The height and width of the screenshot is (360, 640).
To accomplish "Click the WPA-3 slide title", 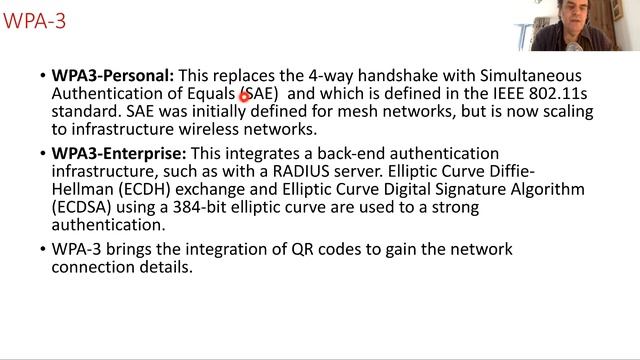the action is pyautogui.click(x=34, y=21).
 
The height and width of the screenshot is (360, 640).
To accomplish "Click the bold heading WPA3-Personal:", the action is pyautogui.click(x=113, y=76).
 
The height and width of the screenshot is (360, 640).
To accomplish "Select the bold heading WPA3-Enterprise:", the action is pyautogui.click(x=119, y=154).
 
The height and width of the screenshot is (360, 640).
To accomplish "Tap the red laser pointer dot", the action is pyautogui.click(x=244, y=97).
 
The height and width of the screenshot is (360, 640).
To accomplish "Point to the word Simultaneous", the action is pyautogui.click(x=531, y=76).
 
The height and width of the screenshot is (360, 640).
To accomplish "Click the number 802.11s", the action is pyautogui.click(x=558, y=93).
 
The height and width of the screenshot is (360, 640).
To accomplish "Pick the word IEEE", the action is pyautogui.click(x=509, y=93).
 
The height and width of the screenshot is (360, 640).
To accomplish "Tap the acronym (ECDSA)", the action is pyautogui.click(x=82, y=207).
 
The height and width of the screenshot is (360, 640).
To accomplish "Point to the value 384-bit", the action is pyautogui.click(x=200, y=207).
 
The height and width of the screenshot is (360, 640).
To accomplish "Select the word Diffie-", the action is pyautogui.click(x=512, y=171).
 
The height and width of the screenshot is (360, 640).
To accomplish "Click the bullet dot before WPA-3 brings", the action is pyautogui.click(x=43, y=249).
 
